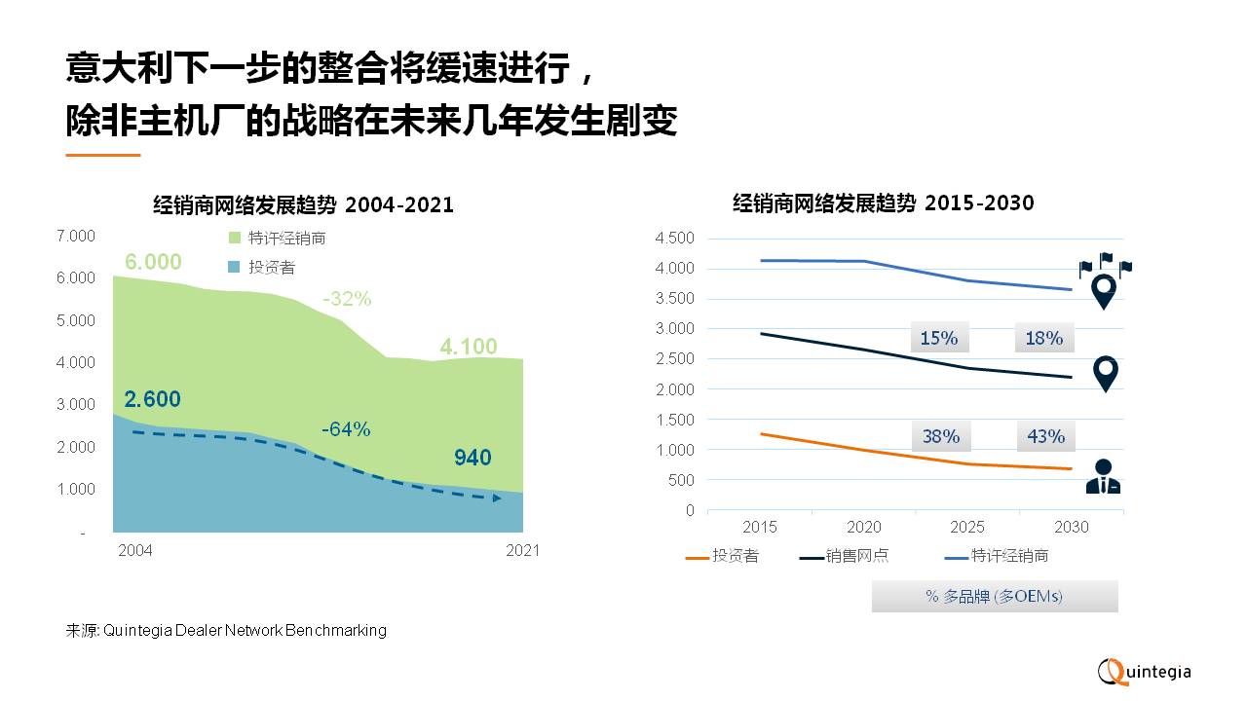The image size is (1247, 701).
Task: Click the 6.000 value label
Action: point(153,262)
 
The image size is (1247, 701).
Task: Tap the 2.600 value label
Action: point(153,399)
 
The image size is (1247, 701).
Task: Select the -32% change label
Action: point(348,300)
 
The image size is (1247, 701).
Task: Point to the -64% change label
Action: point(346,429)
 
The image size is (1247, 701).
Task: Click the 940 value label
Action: point(472,459)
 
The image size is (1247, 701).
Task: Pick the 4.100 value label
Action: point(468,347)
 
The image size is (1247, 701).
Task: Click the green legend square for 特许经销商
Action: point(234,239)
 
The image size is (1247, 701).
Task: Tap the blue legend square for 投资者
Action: point(234,267)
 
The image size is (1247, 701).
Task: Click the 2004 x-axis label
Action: point(135,551)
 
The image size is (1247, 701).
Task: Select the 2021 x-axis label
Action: point(522,551)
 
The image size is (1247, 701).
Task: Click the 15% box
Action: point(939,338)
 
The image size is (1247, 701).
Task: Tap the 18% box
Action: point(1043,338)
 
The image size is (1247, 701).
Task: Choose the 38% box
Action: point(940,436)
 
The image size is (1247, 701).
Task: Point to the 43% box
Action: point(1044,436)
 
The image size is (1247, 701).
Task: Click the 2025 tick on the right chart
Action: point(967,528)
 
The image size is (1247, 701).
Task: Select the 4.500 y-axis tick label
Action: point(675,239)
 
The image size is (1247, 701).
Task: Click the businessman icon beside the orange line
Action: point(1103,477)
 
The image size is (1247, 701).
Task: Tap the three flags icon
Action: point(1105,265)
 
